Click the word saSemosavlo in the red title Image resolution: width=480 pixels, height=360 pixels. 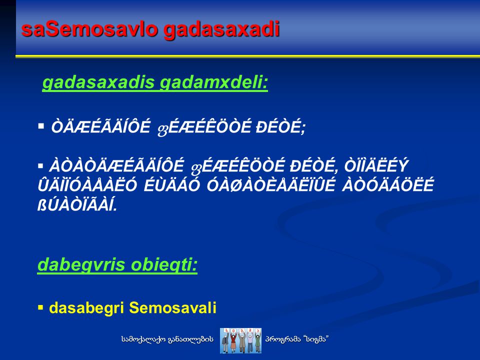[x=89, y=29]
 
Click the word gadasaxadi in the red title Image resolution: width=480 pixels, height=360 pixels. [x=221, y=30]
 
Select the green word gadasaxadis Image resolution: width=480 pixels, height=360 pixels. [x=98, y=82]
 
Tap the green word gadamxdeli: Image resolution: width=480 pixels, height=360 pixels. [x=214, y=82]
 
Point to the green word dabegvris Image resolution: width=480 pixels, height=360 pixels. [x=81, y=265]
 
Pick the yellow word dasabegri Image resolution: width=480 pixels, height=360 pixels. [x=86, y=308]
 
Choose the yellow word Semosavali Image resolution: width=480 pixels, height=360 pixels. [x=172, y=307]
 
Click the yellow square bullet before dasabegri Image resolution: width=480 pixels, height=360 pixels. [x=40, y=307]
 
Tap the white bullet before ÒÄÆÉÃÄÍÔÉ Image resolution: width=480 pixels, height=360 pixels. [x=41, y=126]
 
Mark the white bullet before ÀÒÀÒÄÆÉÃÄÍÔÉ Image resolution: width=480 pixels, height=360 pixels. [x=40, y=166]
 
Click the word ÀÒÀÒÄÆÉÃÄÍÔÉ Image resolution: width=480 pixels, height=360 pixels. [x=116, y=165]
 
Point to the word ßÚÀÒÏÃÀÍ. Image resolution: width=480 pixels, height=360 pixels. [x=77, y=205]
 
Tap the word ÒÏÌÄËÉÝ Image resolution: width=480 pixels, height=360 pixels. [x=376, y=165]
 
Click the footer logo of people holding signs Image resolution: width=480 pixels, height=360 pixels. [x=240, y=340]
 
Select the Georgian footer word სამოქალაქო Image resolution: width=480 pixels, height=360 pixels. [x=143, y=339]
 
